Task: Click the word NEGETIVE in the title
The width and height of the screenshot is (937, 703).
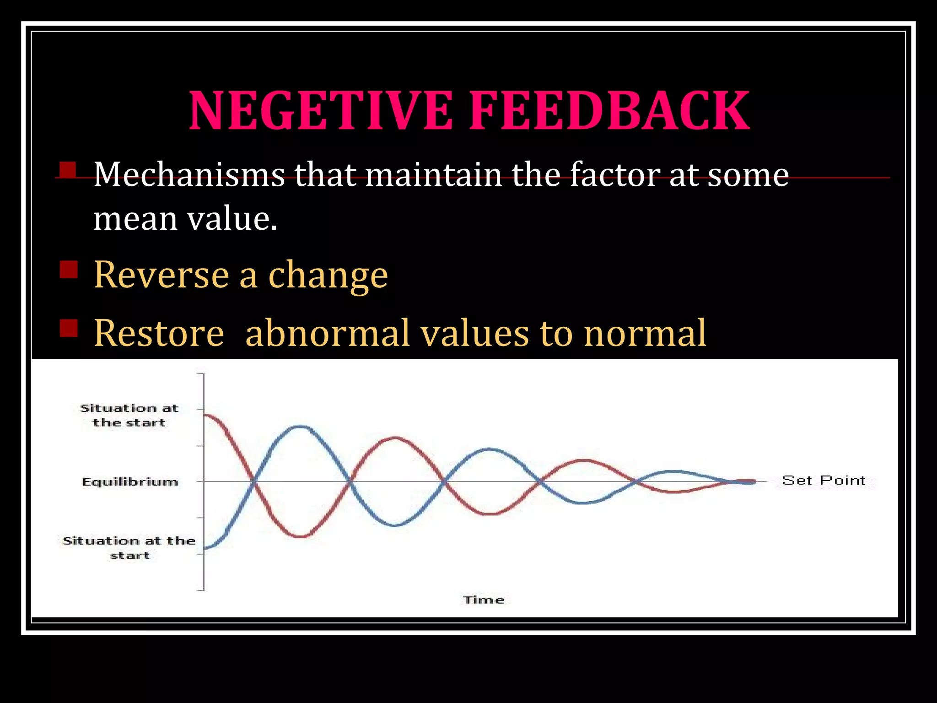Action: (x=320, y=111)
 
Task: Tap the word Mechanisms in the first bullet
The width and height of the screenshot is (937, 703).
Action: (x=189, y=175)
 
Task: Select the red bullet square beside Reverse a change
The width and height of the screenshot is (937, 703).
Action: (x=69, y=269)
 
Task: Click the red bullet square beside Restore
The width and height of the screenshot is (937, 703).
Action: (x=69, y=328)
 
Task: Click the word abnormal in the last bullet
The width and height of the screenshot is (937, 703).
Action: (x=327, y=333)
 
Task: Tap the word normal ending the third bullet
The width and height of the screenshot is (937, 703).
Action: (x=645, y=333)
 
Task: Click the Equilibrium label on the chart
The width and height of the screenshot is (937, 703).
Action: (x=130, y=482)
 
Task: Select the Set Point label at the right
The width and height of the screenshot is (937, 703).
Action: (x=824, y=481)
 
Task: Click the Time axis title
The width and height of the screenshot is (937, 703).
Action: (x=484, y=600)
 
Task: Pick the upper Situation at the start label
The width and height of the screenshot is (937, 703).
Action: (x=129, y=415)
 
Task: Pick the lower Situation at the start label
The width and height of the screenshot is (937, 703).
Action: (x=129, y=548)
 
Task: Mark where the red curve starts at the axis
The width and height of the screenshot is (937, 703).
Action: (x=205, y=415)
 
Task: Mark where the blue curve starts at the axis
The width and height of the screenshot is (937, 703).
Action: (x=205, y=548)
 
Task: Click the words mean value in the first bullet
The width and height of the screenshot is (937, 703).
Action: (x=185, y=219)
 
